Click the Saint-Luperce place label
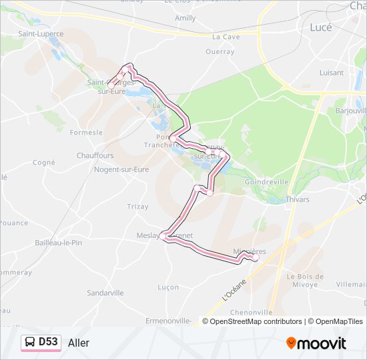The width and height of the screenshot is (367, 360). pos(41,33)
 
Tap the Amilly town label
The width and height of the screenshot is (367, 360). pos(186,18)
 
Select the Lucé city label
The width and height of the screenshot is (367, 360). pos(322,28)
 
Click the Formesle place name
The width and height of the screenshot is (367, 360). pos(86,133)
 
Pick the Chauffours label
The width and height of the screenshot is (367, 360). pos(95,156)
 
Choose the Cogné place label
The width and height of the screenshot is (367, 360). pos(44,162)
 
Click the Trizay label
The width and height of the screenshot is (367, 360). pos(138,207)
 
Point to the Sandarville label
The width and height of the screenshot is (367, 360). pos(105,293)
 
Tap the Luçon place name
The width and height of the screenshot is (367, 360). pos(168,287)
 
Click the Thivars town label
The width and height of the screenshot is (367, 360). pos(297,199)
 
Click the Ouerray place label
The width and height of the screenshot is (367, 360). pos(220,51)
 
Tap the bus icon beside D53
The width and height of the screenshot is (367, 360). pos(31,342)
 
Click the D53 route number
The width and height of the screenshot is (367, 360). pos(48,342)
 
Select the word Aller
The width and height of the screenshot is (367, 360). pos(79,343)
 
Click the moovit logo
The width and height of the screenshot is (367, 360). pos(316,343)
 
